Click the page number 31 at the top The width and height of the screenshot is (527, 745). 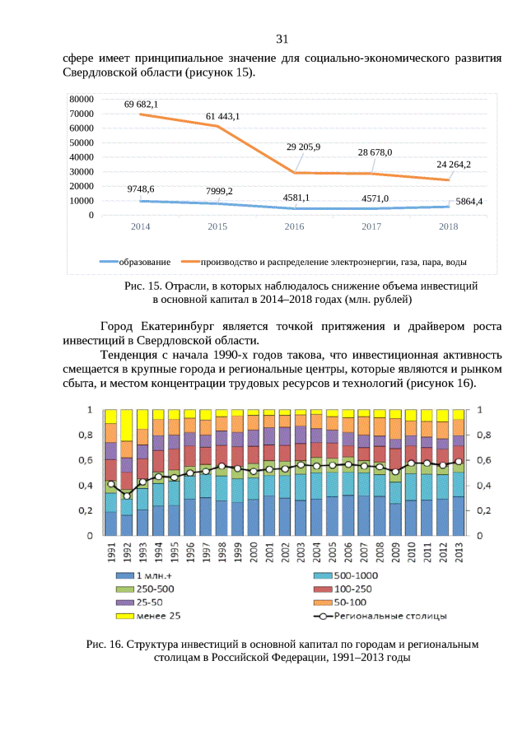282,39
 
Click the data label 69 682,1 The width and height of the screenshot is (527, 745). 141,105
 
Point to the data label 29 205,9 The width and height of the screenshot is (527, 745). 303,147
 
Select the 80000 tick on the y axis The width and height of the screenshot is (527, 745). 81,99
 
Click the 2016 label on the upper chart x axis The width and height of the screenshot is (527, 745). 294,226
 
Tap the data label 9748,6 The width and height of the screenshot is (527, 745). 141,189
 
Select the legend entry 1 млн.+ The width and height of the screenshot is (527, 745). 153,575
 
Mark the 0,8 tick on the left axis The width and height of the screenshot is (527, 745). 85,435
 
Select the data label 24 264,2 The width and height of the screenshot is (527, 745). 454,165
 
